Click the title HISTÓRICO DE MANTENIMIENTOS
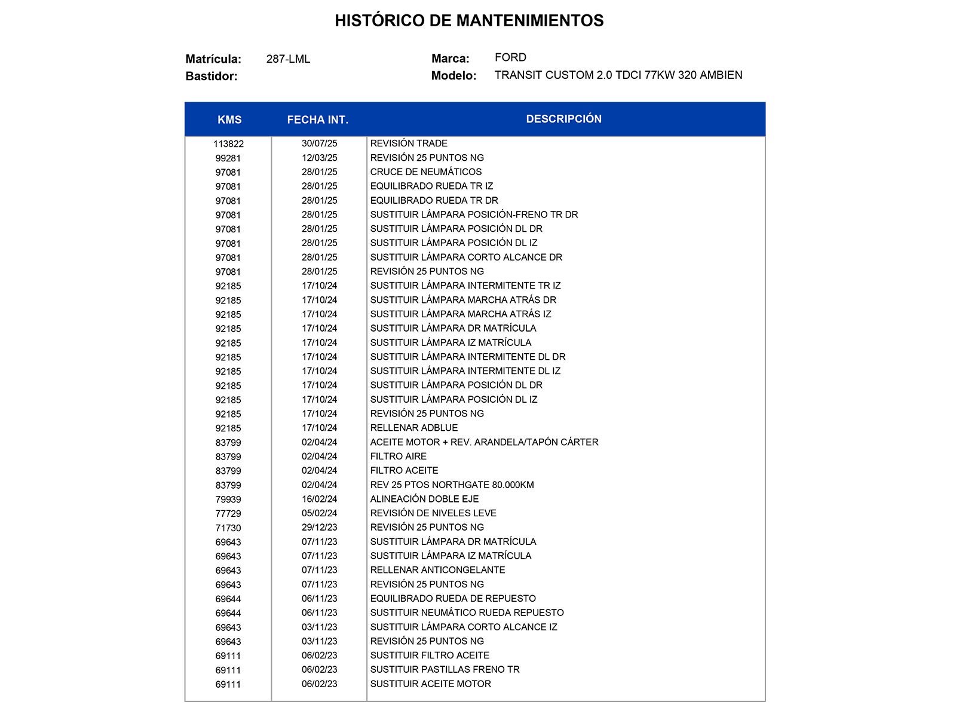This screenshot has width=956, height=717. (469, 21)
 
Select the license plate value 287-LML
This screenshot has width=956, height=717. (288, 59)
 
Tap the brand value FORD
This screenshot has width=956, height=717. (510, 57)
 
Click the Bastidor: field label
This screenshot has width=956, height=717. (212, 76)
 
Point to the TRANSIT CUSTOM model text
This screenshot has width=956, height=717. (618, 75)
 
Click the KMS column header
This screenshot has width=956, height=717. (229, 119)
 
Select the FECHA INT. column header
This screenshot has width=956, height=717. (317, 119)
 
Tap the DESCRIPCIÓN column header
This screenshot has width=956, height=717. (563, 119)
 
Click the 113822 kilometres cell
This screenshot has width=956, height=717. (228, 144)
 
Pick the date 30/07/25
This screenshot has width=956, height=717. (319, 143)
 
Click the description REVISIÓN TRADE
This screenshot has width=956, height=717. (409, 143)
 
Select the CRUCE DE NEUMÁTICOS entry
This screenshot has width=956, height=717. (425, 172)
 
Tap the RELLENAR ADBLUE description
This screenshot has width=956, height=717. (413, 428)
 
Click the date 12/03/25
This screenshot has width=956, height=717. (319, 158)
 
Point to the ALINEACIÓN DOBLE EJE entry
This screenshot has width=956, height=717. (424, 499)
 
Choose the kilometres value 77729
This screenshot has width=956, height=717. (228, 514)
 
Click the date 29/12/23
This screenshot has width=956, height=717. (319, 528)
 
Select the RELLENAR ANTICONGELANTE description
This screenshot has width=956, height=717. (437, 570)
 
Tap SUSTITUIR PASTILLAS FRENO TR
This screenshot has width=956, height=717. (445, 670)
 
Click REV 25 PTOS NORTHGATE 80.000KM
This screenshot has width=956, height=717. (452, 485)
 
